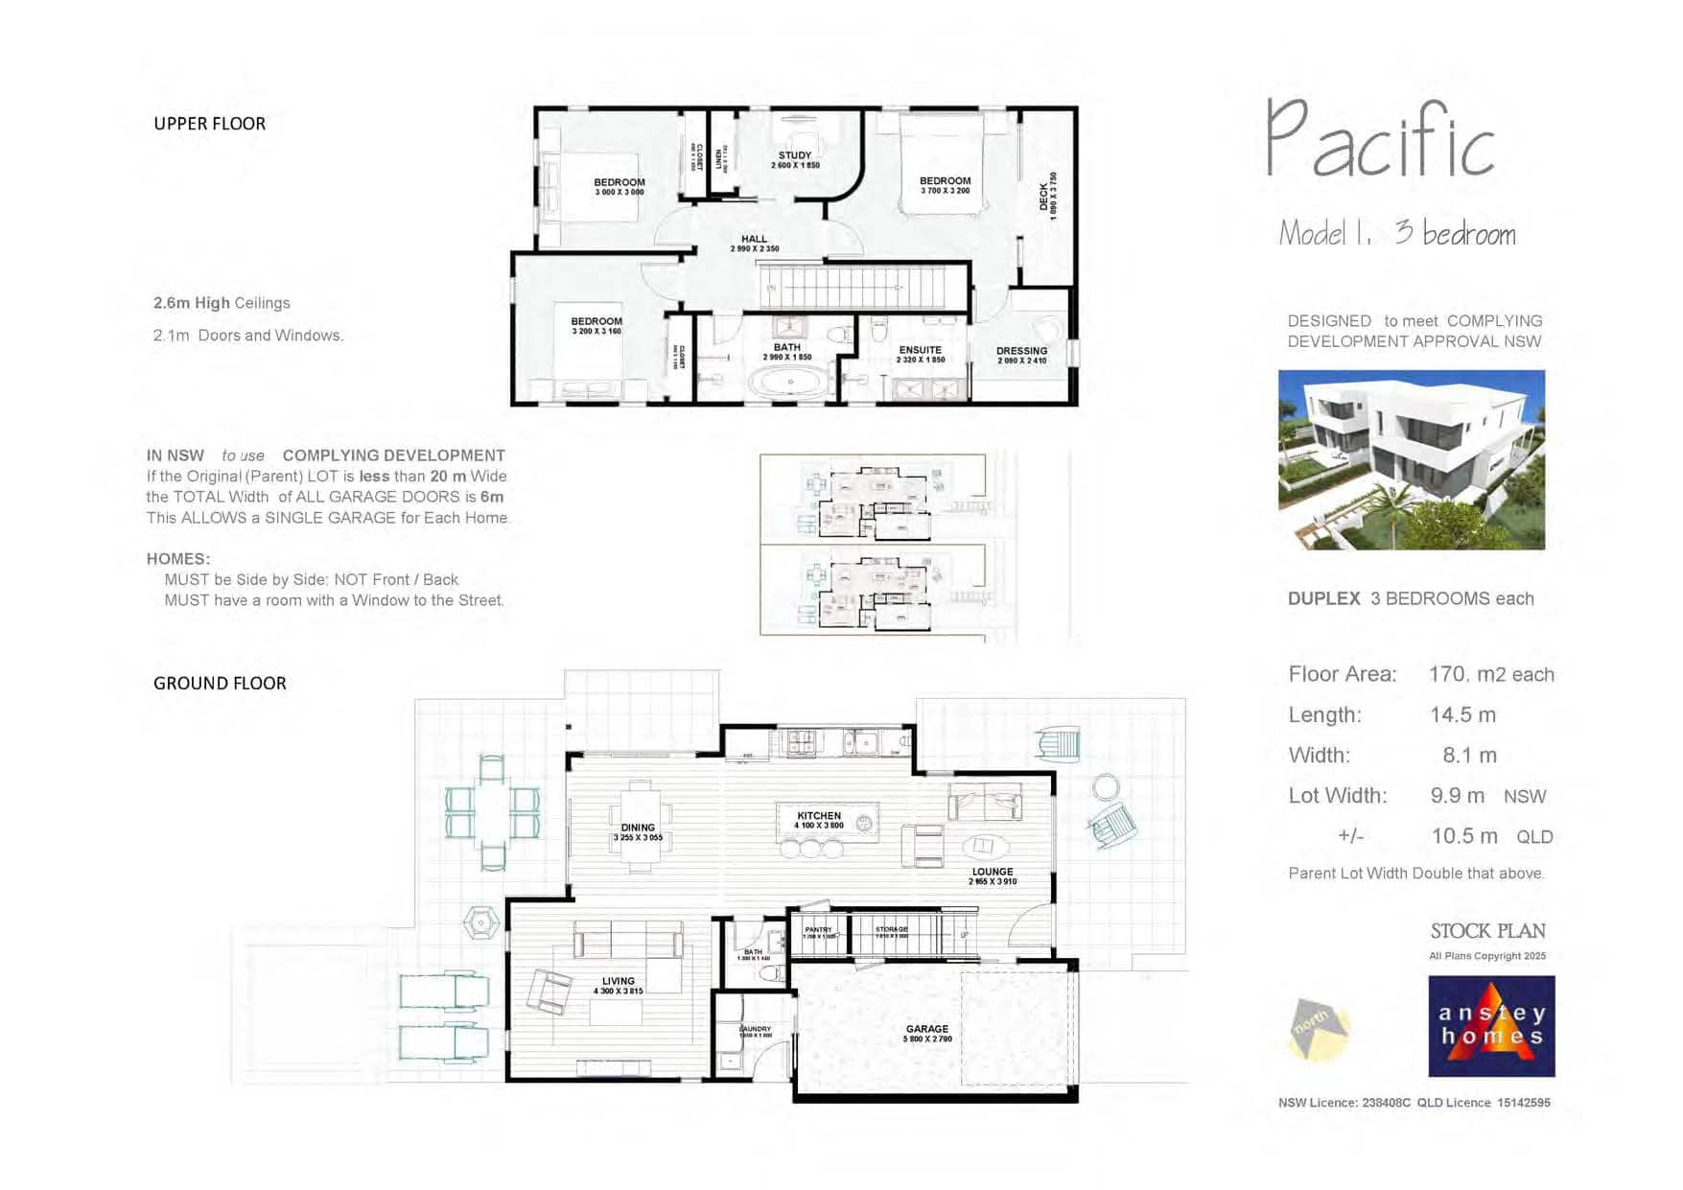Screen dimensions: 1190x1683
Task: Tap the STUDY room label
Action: tap(794, 155)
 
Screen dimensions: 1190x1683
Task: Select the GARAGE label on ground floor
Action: tap(926, 1029)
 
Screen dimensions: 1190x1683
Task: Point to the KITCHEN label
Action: tap(818, 816)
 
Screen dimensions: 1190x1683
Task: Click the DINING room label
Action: tap(638, 828)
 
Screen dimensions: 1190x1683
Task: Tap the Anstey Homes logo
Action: tap(1491, 1026)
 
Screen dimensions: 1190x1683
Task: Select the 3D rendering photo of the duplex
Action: tap(1411, 460)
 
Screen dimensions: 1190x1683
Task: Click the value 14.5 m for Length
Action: tap(1462, 715)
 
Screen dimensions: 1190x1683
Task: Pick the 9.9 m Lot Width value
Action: tap(1457, 796)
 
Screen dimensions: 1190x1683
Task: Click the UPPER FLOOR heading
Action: tap(209, 124)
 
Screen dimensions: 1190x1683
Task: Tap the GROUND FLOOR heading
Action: tap(220, 684)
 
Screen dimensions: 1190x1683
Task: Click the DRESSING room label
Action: tap(1021, 351)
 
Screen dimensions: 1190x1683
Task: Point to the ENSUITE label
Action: tap(920, 350)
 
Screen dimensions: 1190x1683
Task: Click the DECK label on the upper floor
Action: tap(1044, 197)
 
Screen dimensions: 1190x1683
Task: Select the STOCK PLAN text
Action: tap(1487, 931)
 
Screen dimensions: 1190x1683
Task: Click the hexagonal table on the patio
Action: tap(480, 922)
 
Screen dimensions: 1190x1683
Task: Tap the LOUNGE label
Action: tap(993, 872)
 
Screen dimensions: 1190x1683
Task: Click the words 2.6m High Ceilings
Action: tap(222, 303)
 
